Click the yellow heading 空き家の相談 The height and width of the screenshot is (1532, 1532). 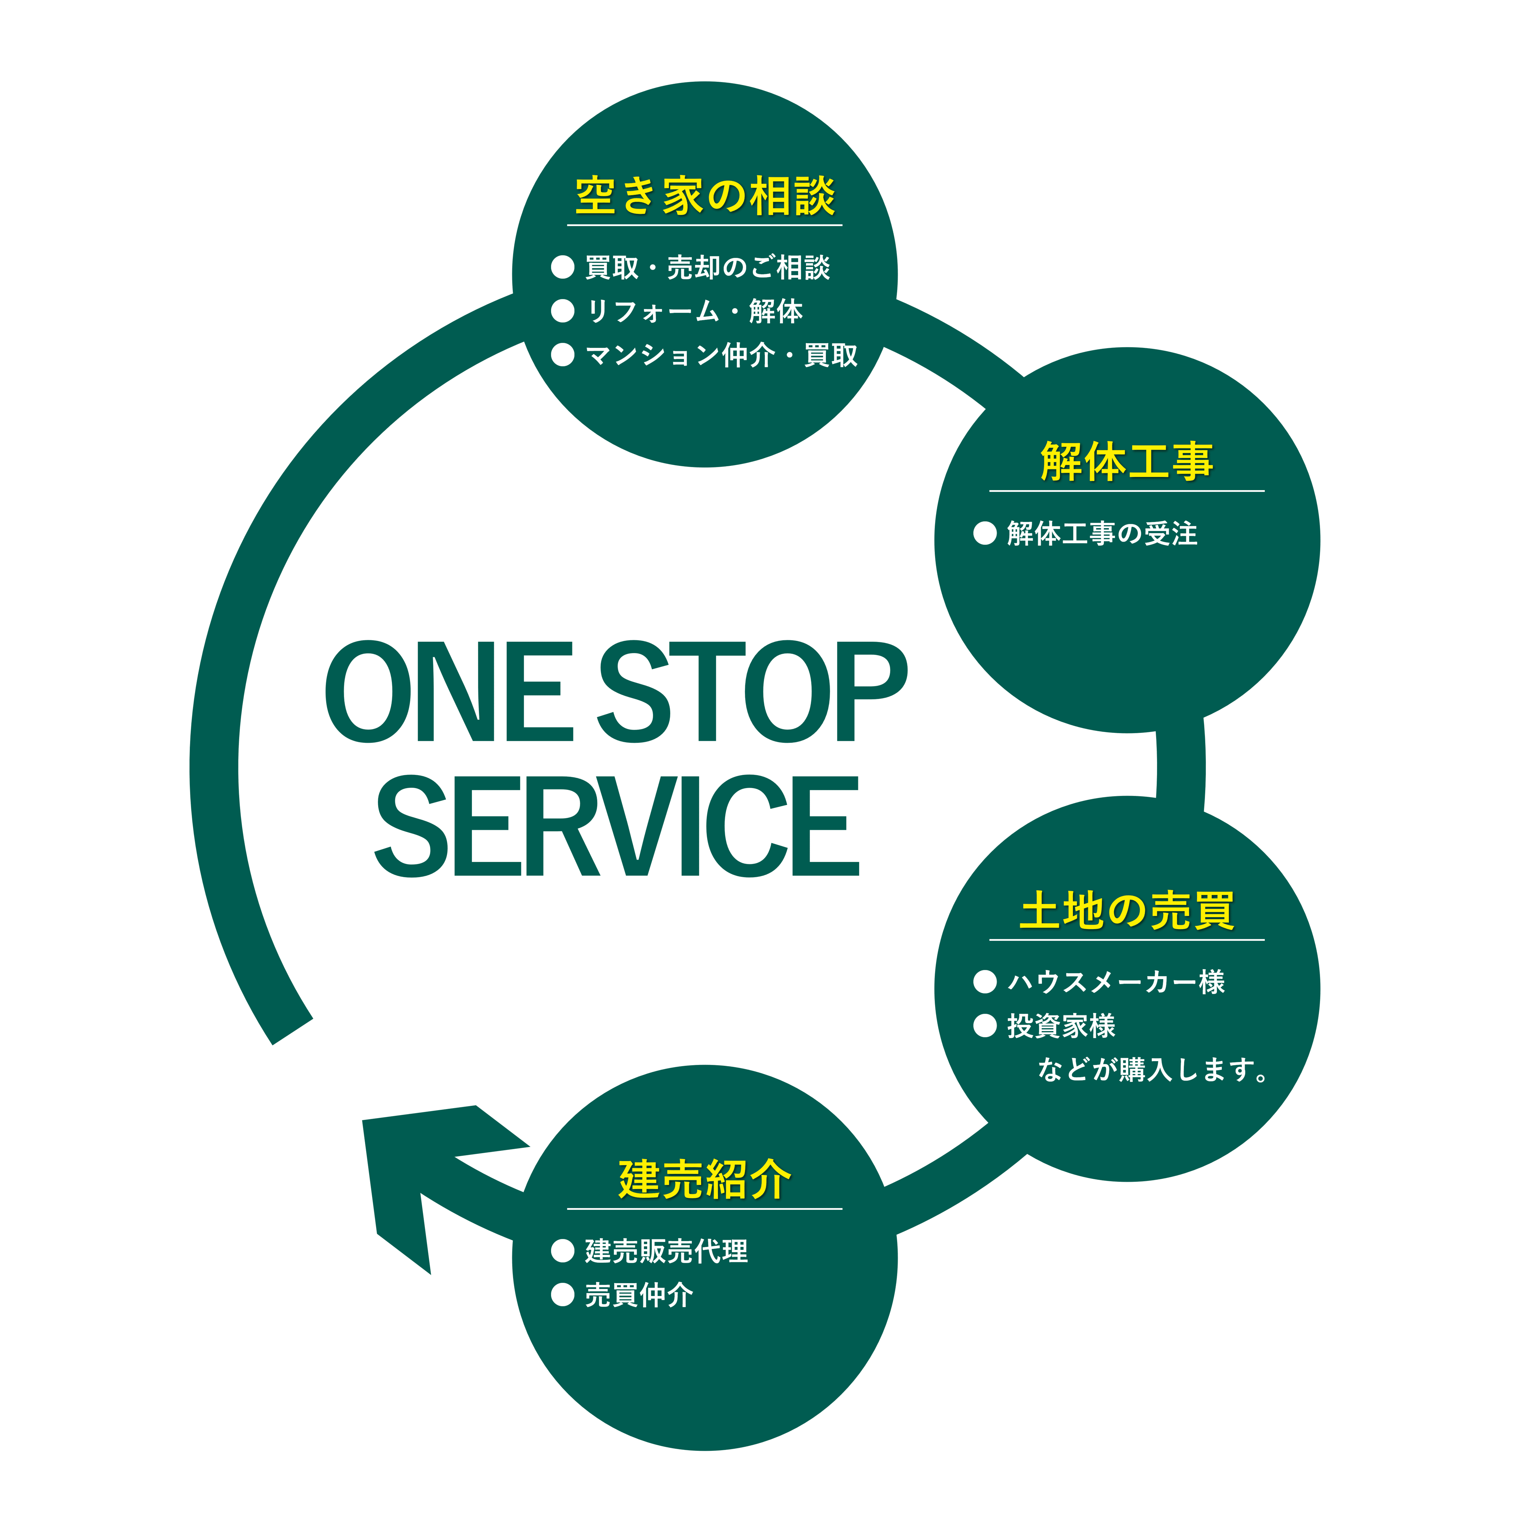point(705,196)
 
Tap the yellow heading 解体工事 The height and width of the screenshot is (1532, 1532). point(1127,462)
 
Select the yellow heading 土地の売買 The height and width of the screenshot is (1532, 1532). point(1127,910)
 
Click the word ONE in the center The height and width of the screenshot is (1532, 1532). point(449,692)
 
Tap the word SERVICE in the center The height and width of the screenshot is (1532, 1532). point(617,826)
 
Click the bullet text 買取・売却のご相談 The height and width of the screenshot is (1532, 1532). point(707,267)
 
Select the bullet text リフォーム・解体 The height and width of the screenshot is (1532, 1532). point(694,311)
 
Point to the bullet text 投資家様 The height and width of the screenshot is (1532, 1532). point(1061,1026)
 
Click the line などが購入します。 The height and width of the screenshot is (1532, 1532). point(1152,1070)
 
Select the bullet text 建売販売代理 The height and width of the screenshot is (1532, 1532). point(666,1251)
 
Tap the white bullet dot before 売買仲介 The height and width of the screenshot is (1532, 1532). point(562,1295)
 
